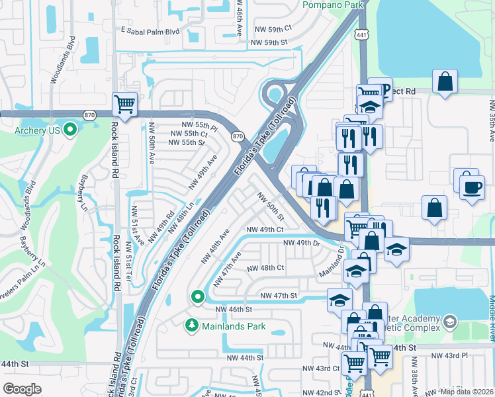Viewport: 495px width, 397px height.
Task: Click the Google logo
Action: tap(22, 389)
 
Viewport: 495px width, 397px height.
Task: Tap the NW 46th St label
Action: tap(234, 309)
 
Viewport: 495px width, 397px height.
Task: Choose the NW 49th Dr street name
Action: tap(302, 243)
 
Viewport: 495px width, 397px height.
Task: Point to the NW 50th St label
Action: tap(271, 207)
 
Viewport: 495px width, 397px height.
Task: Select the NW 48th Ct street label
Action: tap(265, 269)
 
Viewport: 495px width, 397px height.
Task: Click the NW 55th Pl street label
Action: tap(200, 125)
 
